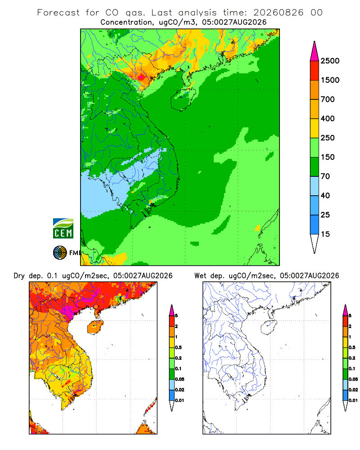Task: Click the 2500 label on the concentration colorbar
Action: click(x=330, y=61)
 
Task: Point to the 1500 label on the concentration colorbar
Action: click(x=330, y=80)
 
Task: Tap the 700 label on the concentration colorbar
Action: click(x=328, y=99)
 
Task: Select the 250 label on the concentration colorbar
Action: click(x=328, y=138)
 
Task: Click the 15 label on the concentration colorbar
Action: click(x=325, y=234)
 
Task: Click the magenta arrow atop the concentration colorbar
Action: click(x=315, y=51)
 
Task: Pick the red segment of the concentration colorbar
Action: click(x=315, y=71)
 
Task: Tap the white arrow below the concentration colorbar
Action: click(x=315, y=243)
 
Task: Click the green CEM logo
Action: click(x=63, y=229)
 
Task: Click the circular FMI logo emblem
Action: click(x=60, y=252)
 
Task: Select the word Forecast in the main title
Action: click(x=58, y=13)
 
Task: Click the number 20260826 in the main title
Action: click(x=278, y=13)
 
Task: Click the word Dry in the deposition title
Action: click(x=19, y=276)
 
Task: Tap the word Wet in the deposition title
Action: click(x=200, y=276)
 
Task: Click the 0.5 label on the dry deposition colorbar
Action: click(x=178, y=347)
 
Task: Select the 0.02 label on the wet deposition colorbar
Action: click(x=353, y=390)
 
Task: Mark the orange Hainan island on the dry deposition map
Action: click(x=95, y=328)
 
